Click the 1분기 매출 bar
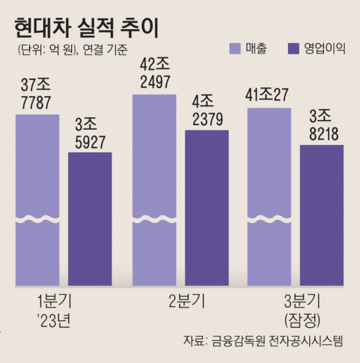[x=37, y=201]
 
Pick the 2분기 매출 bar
[x=154, y=190]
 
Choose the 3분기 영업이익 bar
[x=322, y=217]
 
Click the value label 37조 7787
[x=37, y=94]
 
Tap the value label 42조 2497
[x=155, y=74]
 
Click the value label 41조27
[x=269, y=95]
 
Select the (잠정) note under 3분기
[x=302, y=320]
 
